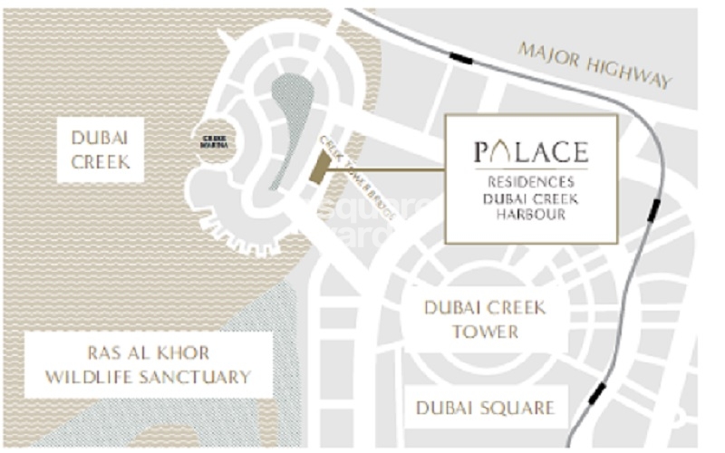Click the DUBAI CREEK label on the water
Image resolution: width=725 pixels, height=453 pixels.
pos(100,149)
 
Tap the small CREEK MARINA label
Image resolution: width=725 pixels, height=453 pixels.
pos(215,142)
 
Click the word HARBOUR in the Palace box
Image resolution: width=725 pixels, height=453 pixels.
pos(532,215)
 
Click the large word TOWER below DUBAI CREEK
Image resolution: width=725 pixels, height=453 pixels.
pos(486,331)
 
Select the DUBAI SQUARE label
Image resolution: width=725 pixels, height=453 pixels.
pos(485,408)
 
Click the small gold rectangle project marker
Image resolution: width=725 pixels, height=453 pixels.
pos(320,168)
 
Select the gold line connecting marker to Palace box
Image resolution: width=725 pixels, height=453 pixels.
pos(390,169)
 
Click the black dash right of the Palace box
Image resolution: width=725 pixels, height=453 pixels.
pos(653,210)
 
